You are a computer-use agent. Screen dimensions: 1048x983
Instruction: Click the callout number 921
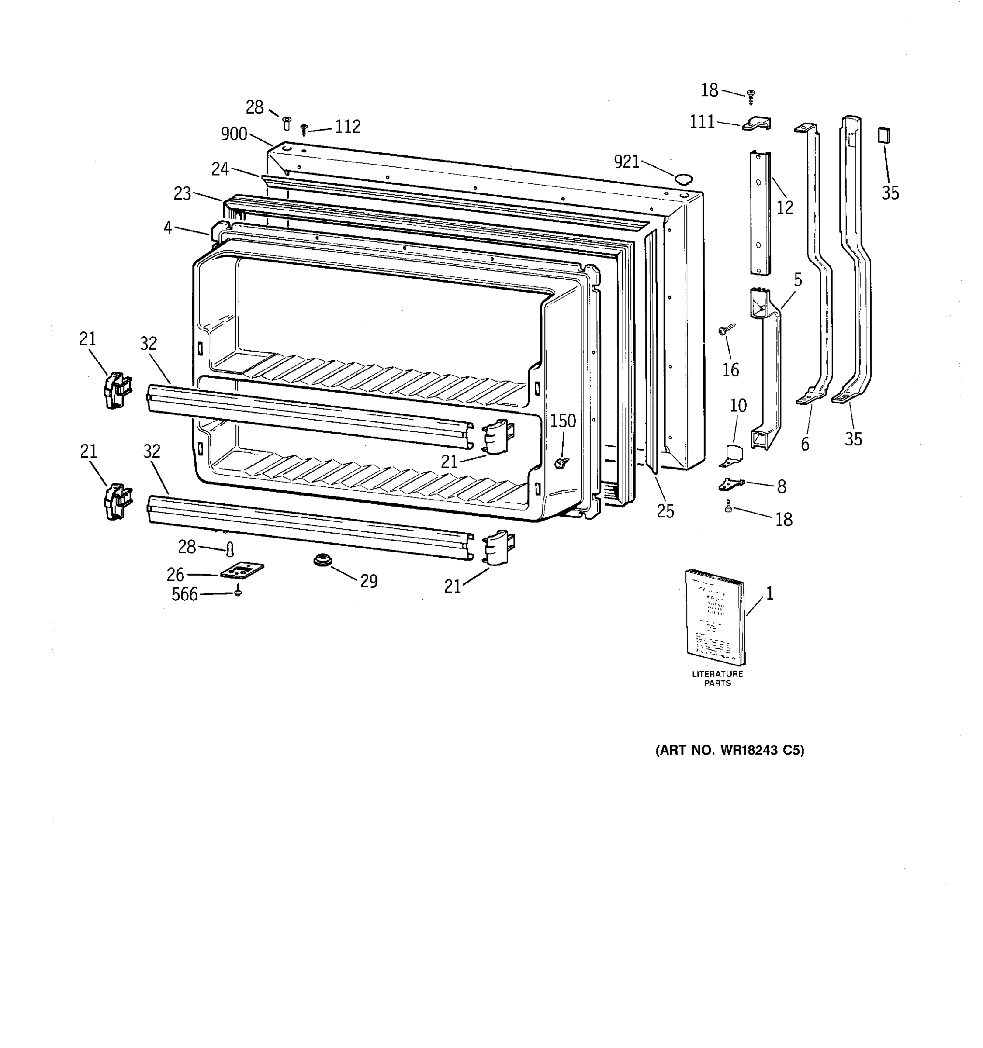[x=626, y=162]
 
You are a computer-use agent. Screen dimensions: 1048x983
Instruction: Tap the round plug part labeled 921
[x=683, y=178]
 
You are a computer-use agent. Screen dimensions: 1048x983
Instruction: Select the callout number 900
[x=234, y=134]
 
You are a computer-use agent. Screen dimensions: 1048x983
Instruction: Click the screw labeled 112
[x=304, y=129]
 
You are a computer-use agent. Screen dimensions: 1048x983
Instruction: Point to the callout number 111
[x=702, y=122]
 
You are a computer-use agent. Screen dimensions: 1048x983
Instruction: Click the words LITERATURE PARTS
[x=717, y=678]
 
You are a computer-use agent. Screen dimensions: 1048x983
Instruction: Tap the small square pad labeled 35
[x=884, y=135]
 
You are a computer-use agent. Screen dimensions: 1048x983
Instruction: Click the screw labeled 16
[x=726, y=331]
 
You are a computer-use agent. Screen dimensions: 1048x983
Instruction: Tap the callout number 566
[x=184, y=595]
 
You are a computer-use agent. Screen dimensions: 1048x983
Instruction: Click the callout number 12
[x=784, y=208]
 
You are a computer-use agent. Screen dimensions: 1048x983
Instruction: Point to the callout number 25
[x=665, y=511]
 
